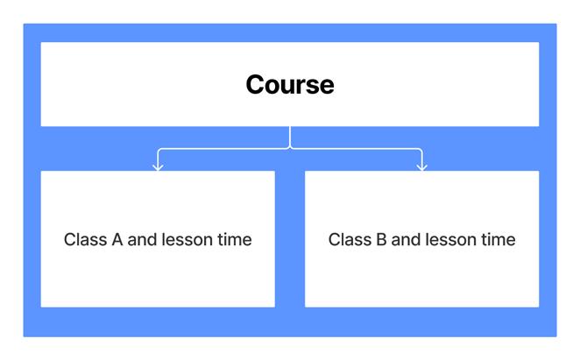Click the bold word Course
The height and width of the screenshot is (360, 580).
click(x=289, y=85)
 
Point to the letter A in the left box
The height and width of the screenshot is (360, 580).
click(x=117, y=239)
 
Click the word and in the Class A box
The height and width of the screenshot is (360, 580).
click(x=142, y=239)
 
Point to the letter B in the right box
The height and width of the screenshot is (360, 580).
click(x=381, y=239)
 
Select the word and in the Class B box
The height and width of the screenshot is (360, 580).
click(x=407, y=239)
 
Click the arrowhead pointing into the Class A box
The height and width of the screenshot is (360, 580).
click(x=158, y=166)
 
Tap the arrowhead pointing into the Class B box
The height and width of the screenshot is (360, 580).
click(x=421, y=166)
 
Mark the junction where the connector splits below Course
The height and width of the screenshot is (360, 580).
click(x=290, y=147)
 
